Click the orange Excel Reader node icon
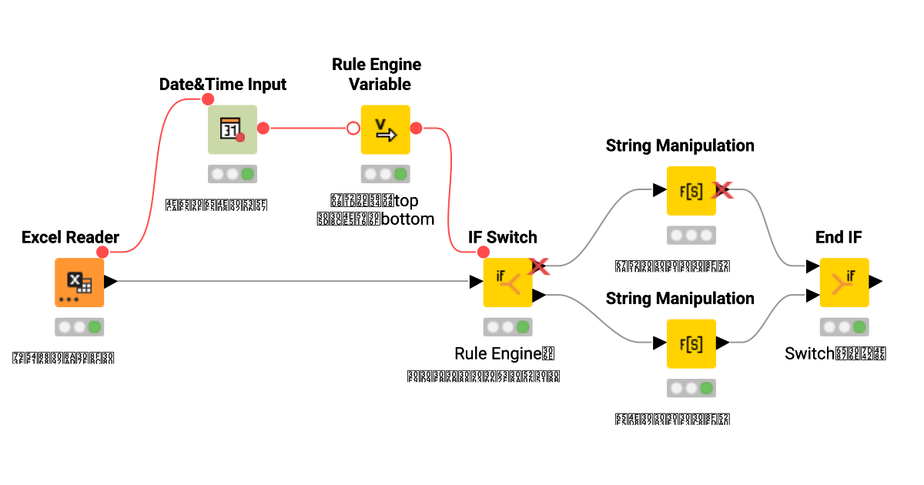pos(79,283)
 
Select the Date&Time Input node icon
pos(232,129)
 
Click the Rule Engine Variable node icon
pos(385,129)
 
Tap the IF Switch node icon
pos(507,283)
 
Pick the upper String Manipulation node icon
pos(691,190)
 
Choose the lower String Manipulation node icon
pos(691,343)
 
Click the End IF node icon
pos(844,283)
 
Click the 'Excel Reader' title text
pos(70,237)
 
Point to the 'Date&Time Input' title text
pos(223,84)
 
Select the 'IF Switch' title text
pos(503,237)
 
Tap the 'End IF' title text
pos(839,237)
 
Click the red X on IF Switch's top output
pos(538,266)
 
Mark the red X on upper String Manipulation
pos(722,189)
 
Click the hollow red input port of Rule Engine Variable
pos(353,128)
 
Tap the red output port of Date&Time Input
pos(263,128)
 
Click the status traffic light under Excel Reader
pos(79,327)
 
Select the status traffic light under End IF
pos(844,327)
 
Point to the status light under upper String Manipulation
pos(691,235)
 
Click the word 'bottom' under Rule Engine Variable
pos(409,219)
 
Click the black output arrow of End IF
pos(876,282)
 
